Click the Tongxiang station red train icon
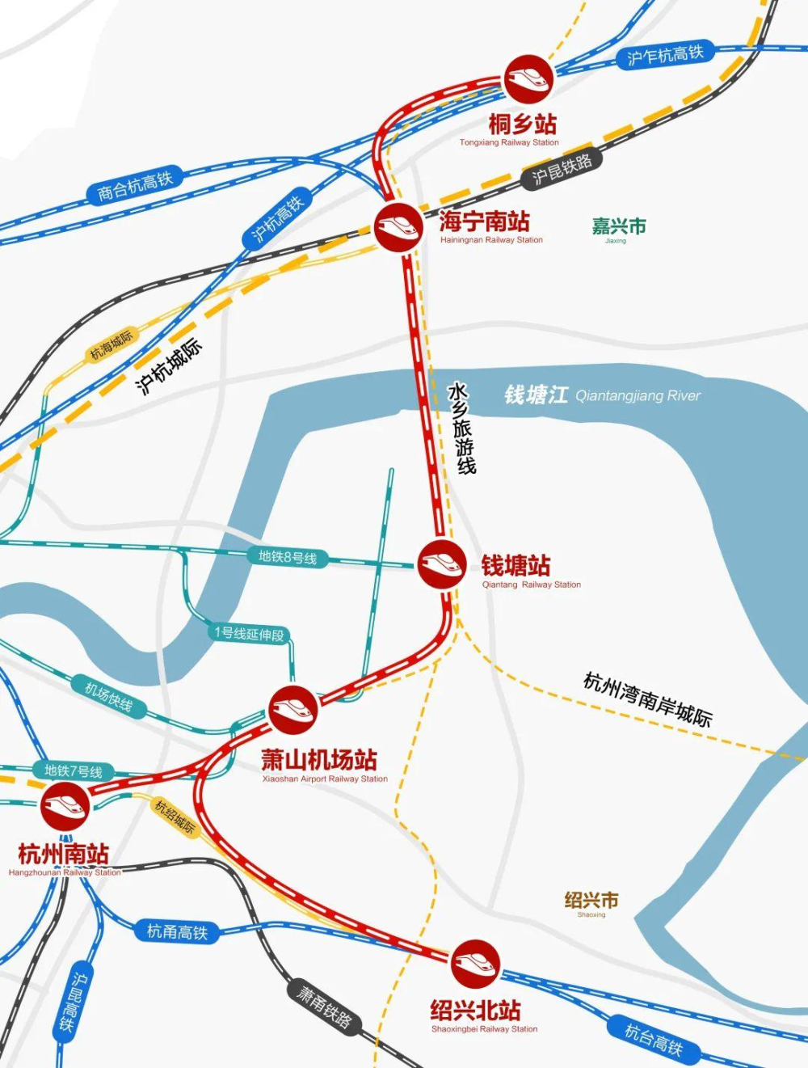pos(528,78)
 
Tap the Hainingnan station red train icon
pos(398,227)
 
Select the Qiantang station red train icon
pos(441,564)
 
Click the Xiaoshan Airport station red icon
pos(292,710)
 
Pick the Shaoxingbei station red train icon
pos(475,964)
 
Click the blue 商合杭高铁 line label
pos(135,187)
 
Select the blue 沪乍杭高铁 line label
pos(665,55)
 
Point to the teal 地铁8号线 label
pos(288,557)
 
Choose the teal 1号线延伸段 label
pos(250,634)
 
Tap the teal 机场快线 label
pos(109,697)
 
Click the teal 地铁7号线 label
pos(74,771)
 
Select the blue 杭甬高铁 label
pos(177,931)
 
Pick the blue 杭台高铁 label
pos(654,1041)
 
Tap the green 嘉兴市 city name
pos(619,226)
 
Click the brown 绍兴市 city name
pos(591,900)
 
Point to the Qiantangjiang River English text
pos(638,395)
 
